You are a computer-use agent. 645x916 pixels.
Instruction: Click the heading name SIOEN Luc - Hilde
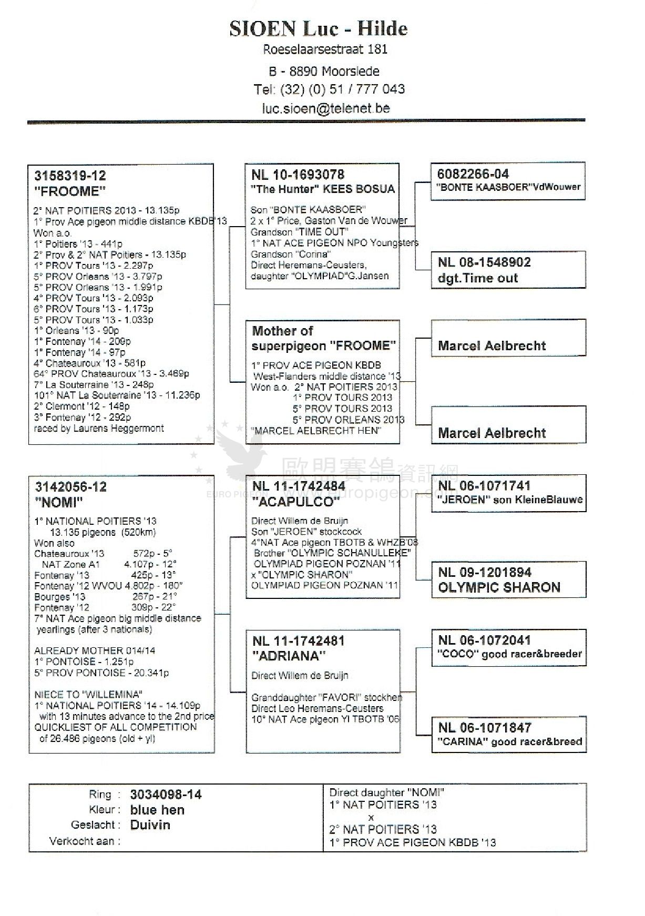click(x=319, y=28)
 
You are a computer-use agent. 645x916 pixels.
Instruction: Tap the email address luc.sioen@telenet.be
click(x=326, y=108)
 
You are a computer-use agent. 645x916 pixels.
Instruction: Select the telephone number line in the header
click(x=329, y=89)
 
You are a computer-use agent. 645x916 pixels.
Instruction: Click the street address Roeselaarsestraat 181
click(x=325, y=49)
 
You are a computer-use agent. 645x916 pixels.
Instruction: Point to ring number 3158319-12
click(x=70, y=176)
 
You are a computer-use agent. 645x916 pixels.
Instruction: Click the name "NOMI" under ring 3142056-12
click(x=59, y=502)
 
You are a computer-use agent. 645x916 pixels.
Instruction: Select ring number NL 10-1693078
click(x=298, y=175)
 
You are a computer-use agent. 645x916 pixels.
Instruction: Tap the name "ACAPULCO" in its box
click(x=295, y=502)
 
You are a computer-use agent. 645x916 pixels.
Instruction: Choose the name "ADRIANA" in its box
click(x=289, y=656)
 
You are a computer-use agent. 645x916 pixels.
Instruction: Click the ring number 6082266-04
click(x=473, y=174)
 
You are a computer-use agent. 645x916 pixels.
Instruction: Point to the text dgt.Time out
click(x=477, y=278)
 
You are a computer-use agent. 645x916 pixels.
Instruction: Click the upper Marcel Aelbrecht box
click(x=492, y=345)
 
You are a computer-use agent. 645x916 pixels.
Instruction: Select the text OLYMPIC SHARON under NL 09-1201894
click(x=499, y=587)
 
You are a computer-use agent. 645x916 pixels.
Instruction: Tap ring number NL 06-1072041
click(x=484, y=640)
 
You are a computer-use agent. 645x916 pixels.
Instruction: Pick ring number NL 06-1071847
click(x=485, y=728)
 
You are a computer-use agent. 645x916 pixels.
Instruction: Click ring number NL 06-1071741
click(x=484, y=486)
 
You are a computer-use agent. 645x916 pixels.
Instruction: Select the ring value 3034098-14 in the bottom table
click(x=166, y=795)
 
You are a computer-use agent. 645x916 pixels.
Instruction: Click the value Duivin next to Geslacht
click(x=150, y=825)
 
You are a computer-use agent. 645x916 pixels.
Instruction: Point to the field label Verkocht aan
click(x=85, y=841)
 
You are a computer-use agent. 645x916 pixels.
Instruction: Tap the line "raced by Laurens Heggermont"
click(x=99, y=428)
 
